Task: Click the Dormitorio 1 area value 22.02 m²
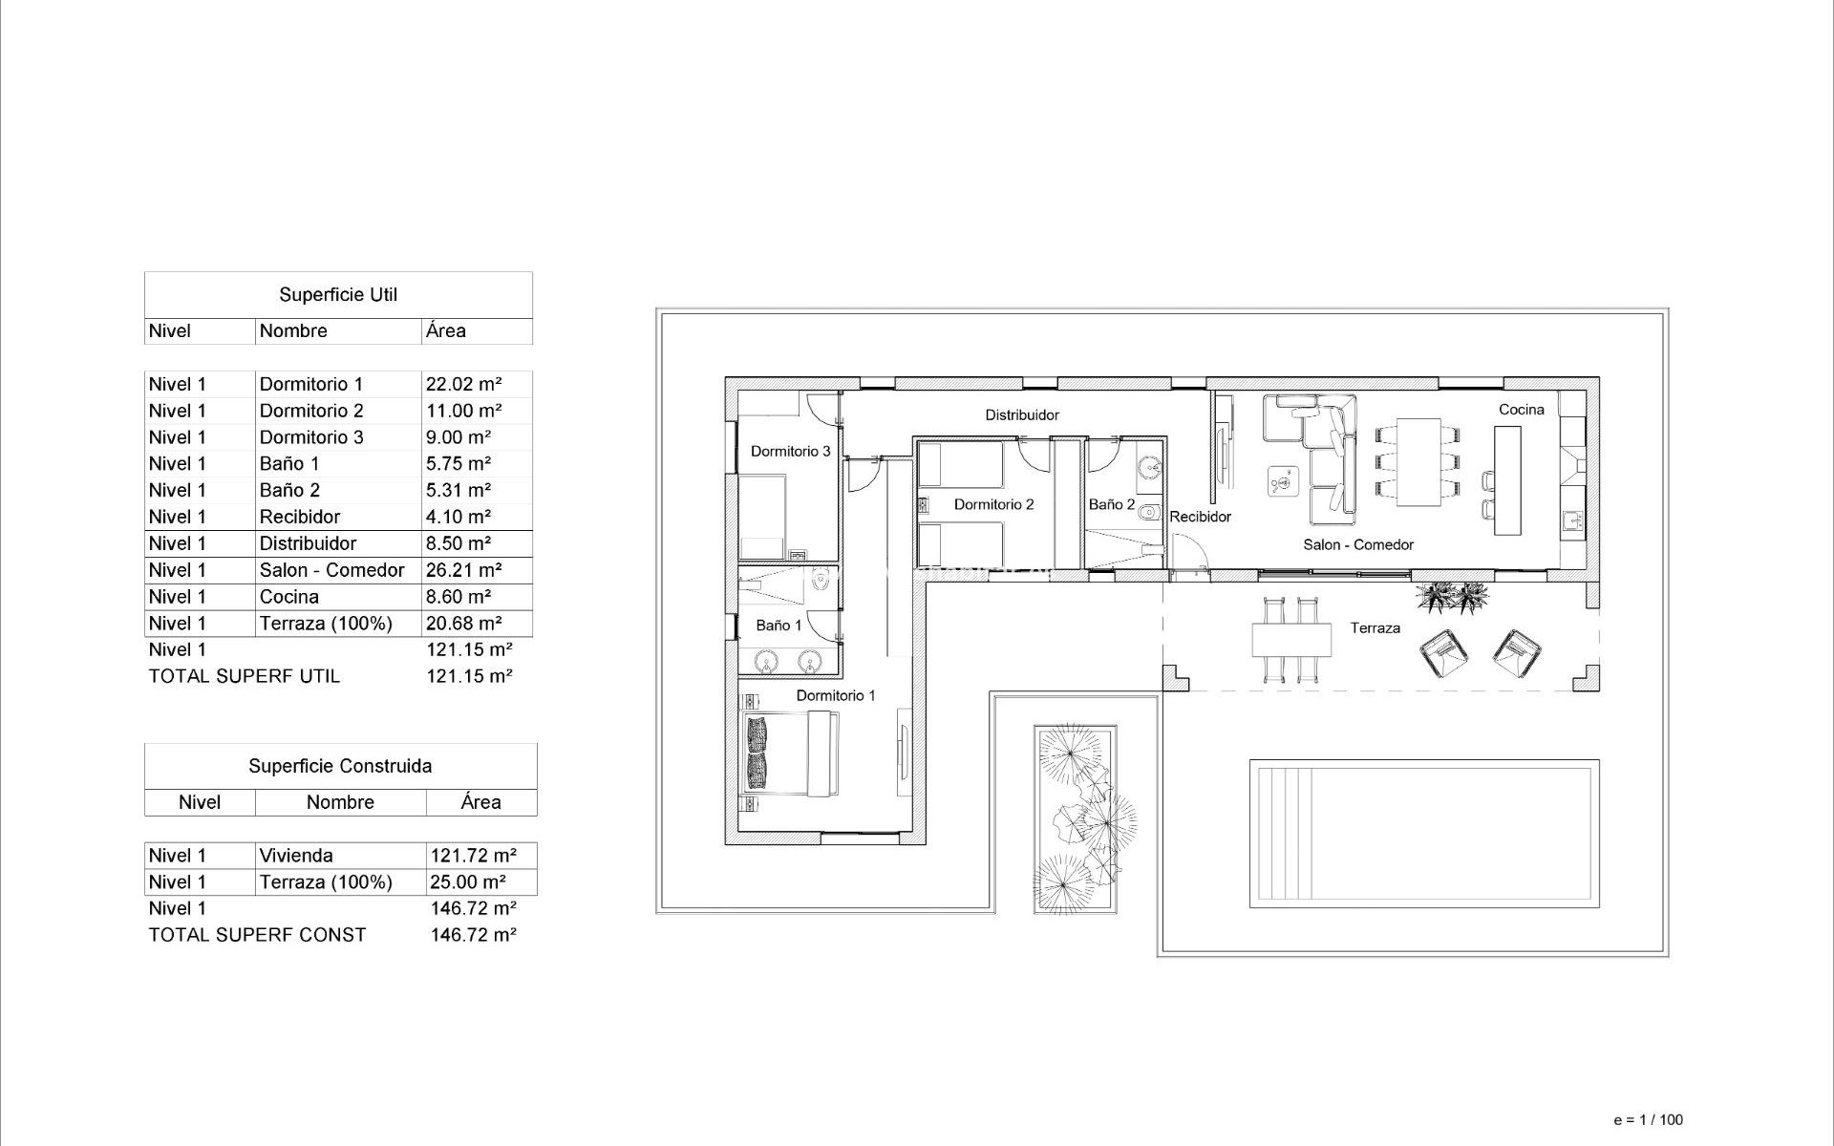pos(463,384)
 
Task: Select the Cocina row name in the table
pos(288,597)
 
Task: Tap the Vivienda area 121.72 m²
pos(473,856)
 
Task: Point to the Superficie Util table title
pos(338,295)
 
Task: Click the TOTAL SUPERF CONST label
pos(257,935)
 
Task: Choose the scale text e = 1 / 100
pos(1648,1119)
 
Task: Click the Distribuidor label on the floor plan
pos(1022,414)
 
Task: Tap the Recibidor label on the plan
pos(1200,517)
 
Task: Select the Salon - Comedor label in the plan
pos(1357,544)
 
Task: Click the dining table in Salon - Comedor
pos(1418,461)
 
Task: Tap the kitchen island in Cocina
pos(1507,479)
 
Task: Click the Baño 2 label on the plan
pos(1112,504)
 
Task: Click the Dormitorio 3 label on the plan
pos(790,451)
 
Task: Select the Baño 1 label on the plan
pos(778,625)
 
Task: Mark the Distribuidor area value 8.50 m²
pos(458,543)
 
